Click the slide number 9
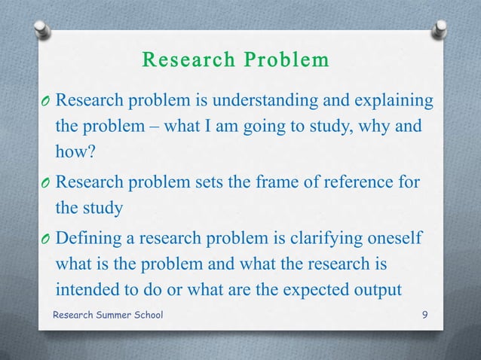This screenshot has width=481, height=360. pos(425,314)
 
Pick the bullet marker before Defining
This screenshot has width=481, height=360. pos(47,239)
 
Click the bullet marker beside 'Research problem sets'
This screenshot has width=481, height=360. pos(47,183)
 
